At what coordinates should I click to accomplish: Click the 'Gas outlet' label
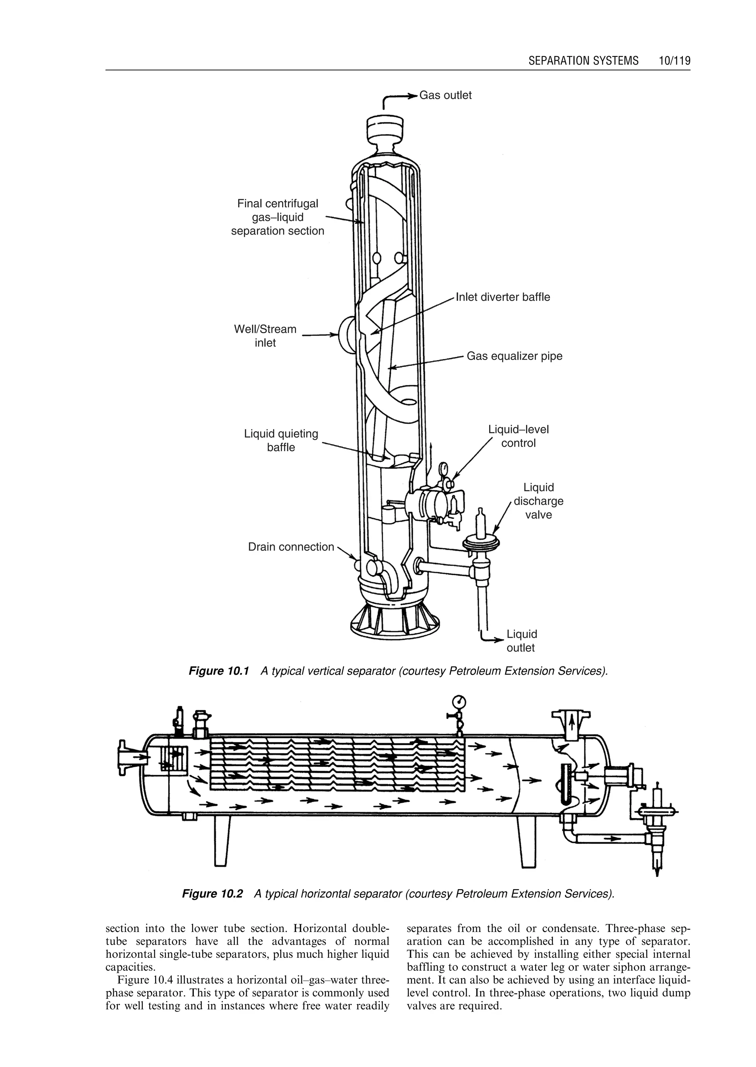tap(445, 96)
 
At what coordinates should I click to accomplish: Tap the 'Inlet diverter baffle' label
tap(503, 297)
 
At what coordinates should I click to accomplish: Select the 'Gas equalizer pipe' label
tap(514, 356)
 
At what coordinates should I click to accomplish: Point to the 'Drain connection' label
tap(291, 547)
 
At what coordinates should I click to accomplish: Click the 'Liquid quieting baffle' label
tap(281, 440)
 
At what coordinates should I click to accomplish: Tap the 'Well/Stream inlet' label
tap(265, 336)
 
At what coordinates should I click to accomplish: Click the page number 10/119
tap(674, 61)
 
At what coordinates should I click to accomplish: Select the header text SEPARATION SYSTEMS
tap(583, 61)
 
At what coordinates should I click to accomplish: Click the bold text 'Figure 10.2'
tap(212, 894)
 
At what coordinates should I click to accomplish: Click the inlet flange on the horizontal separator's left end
tap(128, 757)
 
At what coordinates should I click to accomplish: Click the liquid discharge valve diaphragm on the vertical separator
tap(481, 541)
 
